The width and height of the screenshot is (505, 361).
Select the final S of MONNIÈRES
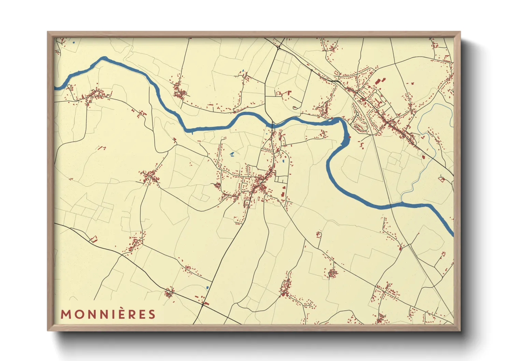click(152, 314)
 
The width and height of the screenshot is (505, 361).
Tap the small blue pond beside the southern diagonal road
click(207, 287)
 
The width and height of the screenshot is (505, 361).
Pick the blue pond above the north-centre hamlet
click(243, 71)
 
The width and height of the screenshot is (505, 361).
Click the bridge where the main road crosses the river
click(272, 125)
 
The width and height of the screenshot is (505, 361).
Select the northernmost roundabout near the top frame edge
click(279, 48)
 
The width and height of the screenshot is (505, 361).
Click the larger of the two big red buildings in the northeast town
click(377, 82)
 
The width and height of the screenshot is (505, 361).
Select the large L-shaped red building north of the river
click(288, 93)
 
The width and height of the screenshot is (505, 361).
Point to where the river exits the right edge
click(453, 234)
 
